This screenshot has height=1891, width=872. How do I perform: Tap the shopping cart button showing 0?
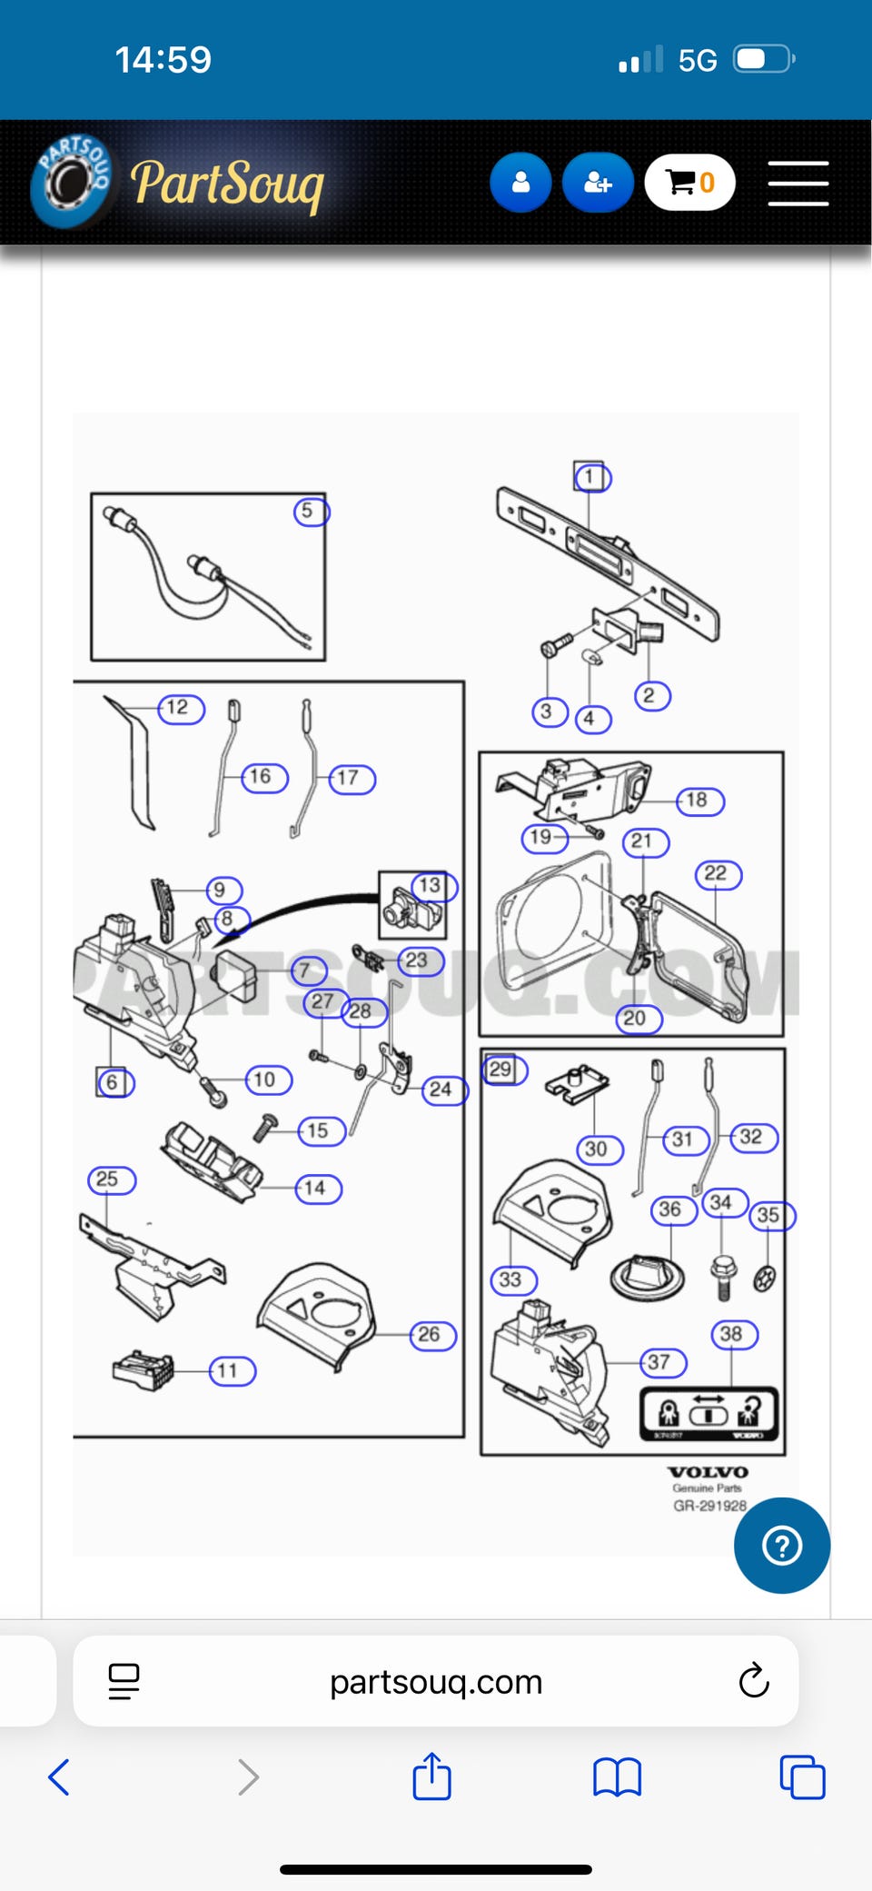tap(689, 183)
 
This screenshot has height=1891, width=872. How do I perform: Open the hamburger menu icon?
tap(798, 184)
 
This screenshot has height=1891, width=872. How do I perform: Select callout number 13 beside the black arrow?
tap(431, 886)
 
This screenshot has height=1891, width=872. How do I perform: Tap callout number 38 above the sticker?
tap(732, 1334)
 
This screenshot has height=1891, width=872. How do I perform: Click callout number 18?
tap(699, 801)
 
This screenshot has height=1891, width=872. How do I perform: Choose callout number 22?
tap(718, 874)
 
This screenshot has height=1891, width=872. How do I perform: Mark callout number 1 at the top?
tap(590, 477)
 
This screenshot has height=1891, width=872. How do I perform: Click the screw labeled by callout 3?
tap(555, 645)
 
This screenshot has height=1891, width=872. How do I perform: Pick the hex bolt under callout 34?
tap(723, 1277)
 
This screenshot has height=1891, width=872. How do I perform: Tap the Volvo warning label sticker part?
tap(708, 1414)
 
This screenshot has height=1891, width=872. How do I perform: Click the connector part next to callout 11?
tap(144, 1369)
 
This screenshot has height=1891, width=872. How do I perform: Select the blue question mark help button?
tap(781, 1545)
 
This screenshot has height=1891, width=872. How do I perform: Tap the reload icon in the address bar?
tap(753, 1681)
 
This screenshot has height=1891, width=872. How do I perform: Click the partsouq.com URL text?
tap(436, 1682)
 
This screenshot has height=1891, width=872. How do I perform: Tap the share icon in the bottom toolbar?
tap(431, 1777)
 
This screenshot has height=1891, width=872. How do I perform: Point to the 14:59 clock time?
tap(163, 60)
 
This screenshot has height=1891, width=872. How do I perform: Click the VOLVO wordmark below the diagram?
tap(708, 1472)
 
